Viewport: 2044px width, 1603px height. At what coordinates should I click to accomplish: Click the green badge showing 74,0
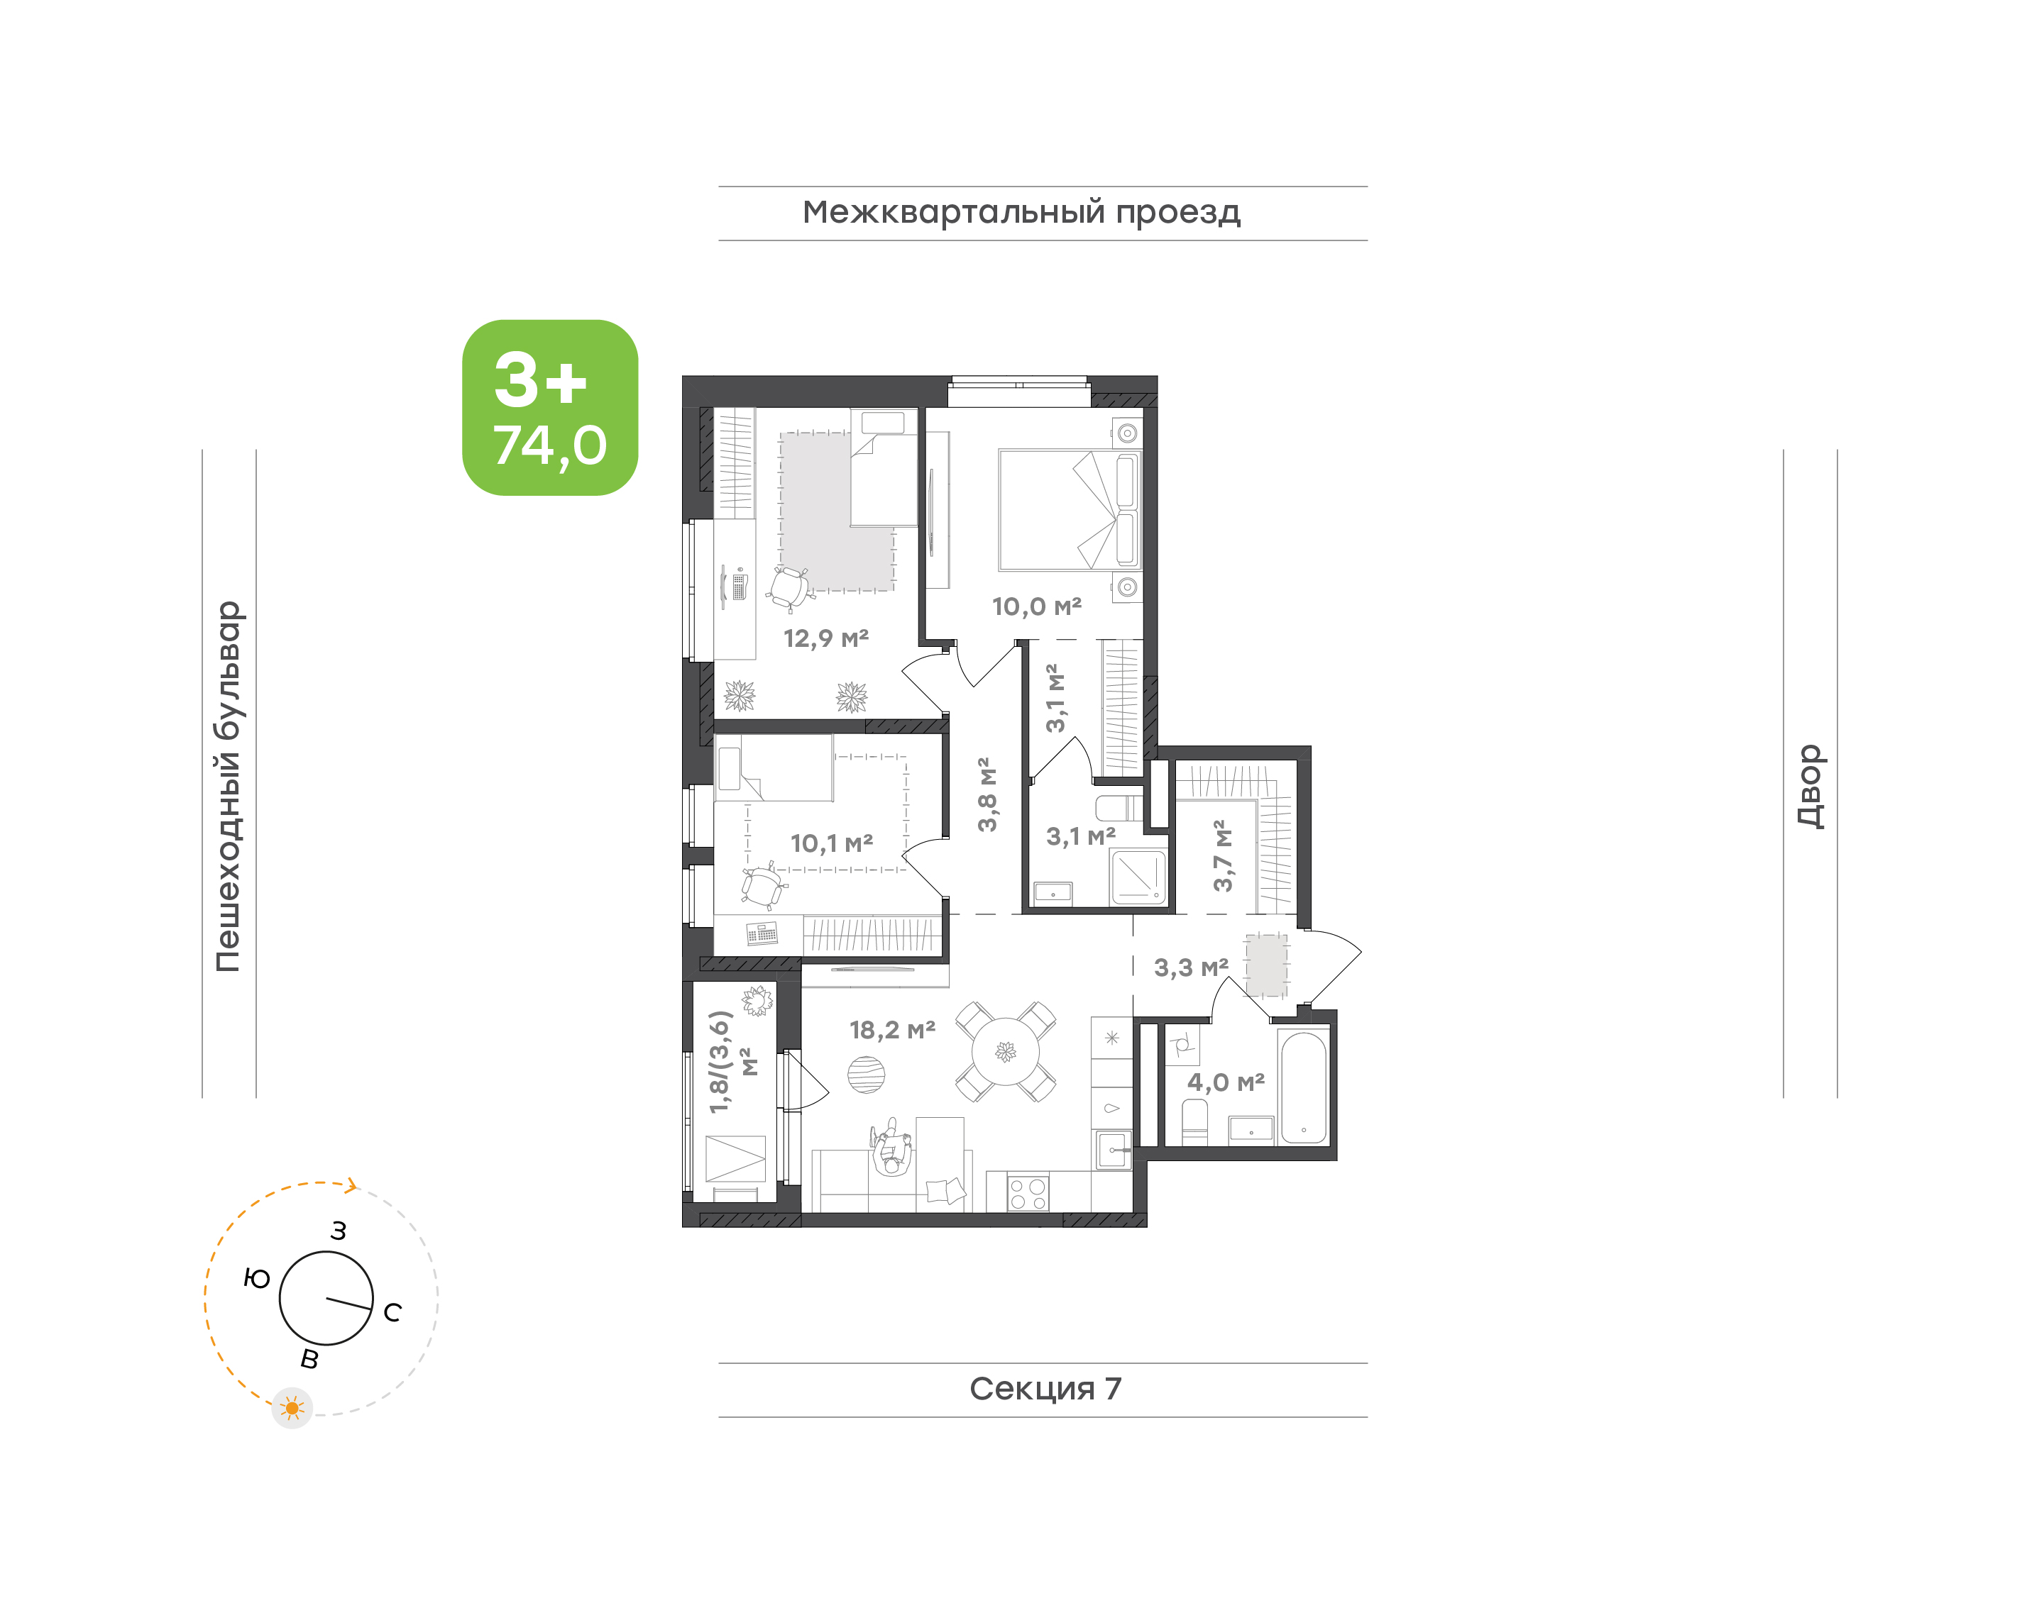click(x=549, y=407)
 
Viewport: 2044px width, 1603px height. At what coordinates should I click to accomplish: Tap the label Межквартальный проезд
click(x=1021, y=213)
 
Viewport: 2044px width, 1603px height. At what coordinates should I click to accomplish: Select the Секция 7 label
click(x=1045, y=1388)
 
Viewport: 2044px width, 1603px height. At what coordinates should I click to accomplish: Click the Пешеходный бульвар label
click(x=228, y=787)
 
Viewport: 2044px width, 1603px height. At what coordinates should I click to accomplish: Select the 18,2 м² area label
click(x=892, y=1030)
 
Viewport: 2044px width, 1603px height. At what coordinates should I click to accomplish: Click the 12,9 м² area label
click(x=826, y=638)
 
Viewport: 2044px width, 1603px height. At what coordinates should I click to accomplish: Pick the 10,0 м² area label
click(x=1037, y=606)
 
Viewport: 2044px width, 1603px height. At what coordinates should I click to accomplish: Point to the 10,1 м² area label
click(x=832, y=843)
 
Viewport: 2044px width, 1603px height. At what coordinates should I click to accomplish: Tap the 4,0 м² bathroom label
click(x=1225, y=1082)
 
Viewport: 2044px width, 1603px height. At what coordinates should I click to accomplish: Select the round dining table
click(x=1006, y=1052)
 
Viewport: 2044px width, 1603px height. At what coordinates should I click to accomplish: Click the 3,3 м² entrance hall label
click(x=1190, y=967)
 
